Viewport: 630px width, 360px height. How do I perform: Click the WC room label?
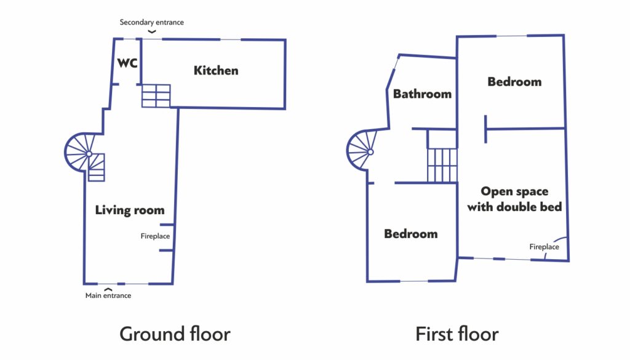coord(127,63)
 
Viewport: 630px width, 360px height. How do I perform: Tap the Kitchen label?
coord(216,70)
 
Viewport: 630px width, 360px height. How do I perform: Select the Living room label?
coord(130,210)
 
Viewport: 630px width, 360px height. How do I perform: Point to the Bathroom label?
coord(422,94)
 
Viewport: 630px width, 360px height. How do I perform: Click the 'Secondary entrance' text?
coord(151,22)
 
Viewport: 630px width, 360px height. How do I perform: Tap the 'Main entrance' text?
coord(108,295)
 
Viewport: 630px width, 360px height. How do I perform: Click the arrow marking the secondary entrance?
coord(151,31)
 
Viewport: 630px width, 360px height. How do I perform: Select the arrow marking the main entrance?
coord(108,289)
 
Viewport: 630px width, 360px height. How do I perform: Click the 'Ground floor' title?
coord(175,334)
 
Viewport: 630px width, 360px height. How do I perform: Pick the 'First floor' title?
coord(457,334)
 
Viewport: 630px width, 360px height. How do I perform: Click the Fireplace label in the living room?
coord(155,236)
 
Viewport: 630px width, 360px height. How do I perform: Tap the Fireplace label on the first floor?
coord(544,247)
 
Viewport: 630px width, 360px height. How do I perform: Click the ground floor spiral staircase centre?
coord(89,153)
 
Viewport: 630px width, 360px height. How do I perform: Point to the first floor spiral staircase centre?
coord(370,152)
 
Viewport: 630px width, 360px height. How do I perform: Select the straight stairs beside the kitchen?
coord(156,95)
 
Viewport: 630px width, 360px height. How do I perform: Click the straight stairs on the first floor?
coord(442,165)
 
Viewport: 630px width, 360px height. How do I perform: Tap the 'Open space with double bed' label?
coord(514,199)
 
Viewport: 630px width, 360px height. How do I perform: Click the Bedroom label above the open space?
coord(514,82)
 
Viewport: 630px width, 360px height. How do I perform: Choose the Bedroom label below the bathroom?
coord(410,233)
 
